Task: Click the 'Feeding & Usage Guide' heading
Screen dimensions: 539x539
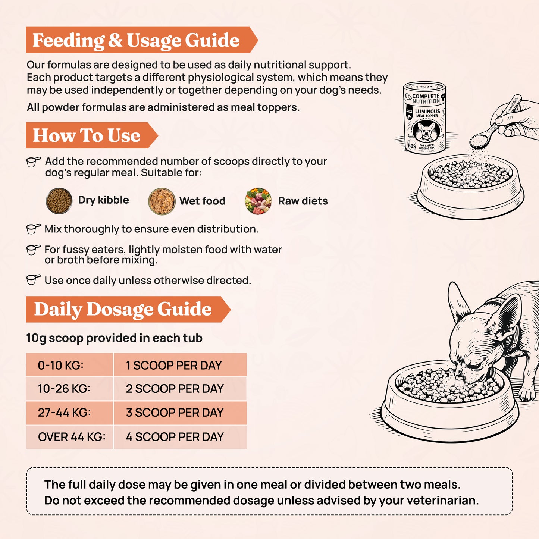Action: pos(136,40)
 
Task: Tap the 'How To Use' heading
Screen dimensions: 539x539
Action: pos(87,135)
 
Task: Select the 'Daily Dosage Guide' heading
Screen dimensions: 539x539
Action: pos(123,309)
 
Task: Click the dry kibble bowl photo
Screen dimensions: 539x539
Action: pos(59,201)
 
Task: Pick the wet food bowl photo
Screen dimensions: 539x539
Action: pos(162,201)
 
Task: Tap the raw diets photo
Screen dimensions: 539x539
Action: pos(258,201)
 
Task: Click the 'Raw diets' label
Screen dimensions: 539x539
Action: pos(303,201)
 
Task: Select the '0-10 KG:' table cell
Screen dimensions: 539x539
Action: pos(69,365)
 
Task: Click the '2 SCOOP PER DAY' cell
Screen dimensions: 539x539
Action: pos(180,389)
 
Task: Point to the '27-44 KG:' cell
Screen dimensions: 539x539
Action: pos(69,413)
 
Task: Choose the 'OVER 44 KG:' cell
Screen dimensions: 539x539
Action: pos(69,437)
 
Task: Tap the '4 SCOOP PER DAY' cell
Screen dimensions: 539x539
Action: pos(180,437)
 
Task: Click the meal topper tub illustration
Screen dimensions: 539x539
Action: pos(425,117)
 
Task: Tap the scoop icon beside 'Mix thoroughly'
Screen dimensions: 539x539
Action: pos(34,229)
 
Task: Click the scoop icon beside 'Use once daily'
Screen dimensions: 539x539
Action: pos(34,280)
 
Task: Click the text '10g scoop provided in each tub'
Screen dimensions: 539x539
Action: pos(114,338)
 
